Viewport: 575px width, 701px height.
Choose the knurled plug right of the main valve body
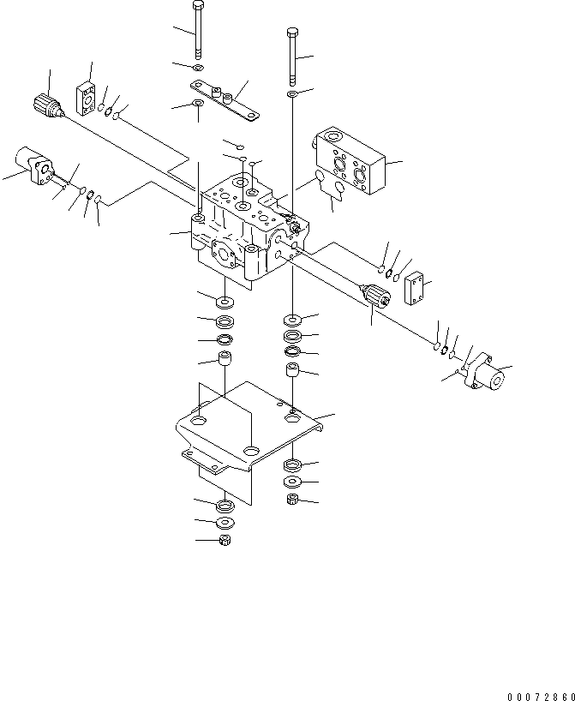point(377,296)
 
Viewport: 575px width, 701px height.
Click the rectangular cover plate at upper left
point(88,98)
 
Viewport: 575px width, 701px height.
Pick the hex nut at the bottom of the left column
point(226,540)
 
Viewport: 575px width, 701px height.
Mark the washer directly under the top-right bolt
point(293,93)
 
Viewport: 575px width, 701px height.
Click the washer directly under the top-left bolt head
point(199,67)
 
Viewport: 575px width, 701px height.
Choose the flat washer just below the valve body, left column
point(226,302)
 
